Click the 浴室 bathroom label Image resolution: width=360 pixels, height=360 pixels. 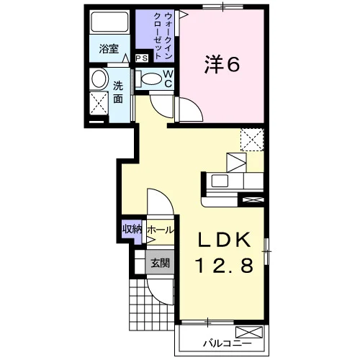click(x=109, y=49)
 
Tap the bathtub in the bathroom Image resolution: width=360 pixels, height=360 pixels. click(x=109, y=22)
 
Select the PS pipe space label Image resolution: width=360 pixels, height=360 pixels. click(x=142, y=58)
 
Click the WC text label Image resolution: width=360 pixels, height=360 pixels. click(x=168, y=78)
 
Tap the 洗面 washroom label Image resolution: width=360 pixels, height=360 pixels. click(x=118, y=92)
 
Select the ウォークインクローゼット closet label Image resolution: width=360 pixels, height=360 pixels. click(x=163, y=36)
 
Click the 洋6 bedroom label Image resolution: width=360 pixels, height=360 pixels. click(x=222, y=65)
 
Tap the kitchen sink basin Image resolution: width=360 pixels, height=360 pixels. click(x=220, y=181)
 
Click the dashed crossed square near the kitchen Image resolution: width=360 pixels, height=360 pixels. click(x=252, y=140)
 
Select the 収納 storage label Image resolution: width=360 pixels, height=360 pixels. click(x=132, y=229)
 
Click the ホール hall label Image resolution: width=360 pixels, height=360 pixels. click(x=160, y=230)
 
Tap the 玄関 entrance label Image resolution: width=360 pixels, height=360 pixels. click(x=160, y=263)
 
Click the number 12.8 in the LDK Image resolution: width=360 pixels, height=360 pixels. click(x=225, y=265)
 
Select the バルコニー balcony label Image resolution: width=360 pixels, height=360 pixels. click(x=228, y=343)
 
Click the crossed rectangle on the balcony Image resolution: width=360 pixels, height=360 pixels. click(x=249, y=332)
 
